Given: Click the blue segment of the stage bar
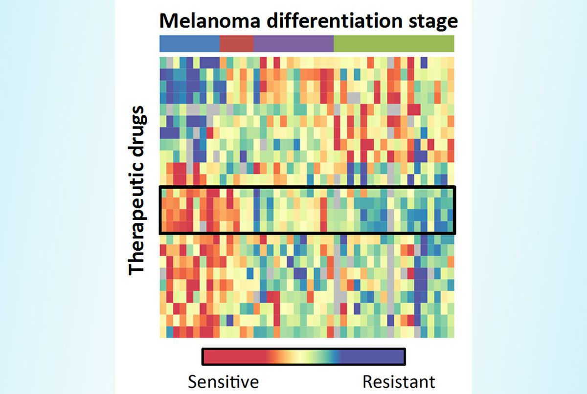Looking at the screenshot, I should coord(190,44).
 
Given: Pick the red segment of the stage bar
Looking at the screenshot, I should coord(237,44).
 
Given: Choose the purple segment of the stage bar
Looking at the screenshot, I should coord(293,44).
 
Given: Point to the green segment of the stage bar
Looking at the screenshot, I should coord(394,44).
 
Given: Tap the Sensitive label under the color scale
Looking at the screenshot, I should coord(223,381).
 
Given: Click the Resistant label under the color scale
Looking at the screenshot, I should coord(399,381).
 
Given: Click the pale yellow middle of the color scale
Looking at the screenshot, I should coord(298,357).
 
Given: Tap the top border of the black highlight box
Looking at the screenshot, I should coord(307,186).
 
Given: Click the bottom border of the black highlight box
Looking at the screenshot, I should coord(307,233).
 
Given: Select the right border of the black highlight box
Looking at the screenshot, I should coord(455,210).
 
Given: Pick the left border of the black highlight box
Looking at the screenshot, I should coord(160,210).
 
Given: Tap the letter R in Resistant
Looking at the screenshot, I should coord(367,381).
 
